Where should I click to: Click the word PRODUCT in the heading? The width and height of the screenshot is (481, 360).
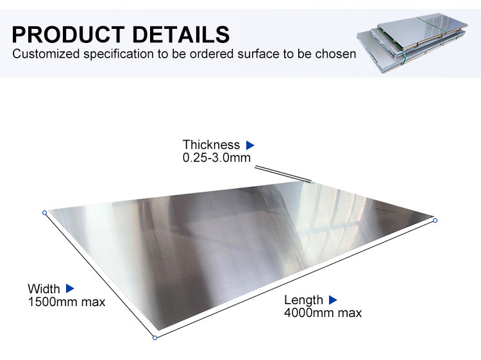[x=69, y=35]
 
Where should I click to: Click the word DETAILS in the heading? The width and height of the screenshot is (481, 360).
[x=181, y=35]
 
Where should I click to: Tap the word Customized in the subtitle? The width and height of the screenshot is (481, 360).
[x=46, y=54]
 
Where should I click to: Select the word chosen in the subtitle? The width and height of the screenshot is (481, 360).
[x=336, y=54]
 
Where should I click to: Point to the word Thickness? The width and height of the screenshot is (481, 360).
[x=211, y=144]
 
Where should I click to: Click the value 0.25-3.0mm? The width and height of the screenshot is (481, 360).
[x=217, y=158]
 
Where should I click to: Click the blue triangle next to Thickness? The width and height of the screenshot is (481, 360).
[x=250, y=145]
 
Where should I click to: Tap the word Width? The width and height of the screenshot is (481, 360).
[x=44, y=289]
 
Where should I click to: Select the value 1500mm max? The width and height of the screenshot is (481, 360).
[x=67, y=302]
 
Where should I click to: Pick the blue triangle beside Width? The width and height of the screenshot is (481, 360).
[x=71, y=289]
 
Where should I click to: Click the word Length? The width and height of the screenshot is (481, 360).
[x=303, y=300]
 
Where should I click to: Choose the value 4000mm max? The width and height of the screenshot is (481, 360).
[x=323, y=313]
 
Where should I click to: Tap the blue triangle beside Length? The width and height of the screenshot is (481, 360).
[x=333, y=300]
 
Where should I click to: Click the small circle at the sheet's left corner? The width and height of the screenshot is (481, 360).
[x=44, y=212]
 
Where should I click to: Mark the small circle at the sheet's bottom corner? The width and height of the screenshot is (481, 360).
[x=155, y=338]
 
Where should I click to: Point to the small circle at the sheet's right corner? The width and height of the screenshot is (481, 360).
[x=435, y=220]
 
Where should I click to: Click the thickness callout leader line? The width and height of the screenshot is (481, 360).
[x=283, y=174]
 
